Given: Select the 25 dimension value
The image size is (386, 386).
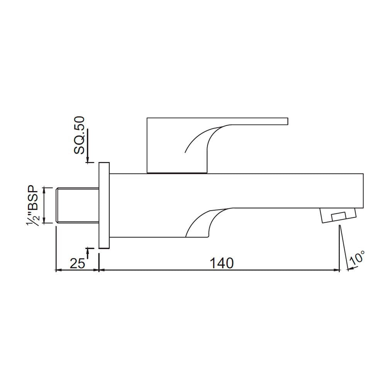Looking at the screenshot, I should tap(77, 263).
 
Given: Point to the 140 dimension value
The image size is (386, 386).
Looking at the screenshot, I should tap(221, 263).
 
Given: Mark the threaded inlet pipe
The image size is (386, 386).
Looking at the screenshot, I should tap(77, 205).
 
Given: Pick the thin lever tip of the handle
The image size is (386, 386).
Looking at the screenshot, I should tap(284, 121).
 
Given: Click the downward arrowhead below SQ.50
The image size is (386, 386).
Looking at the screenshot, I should tap(88, 159).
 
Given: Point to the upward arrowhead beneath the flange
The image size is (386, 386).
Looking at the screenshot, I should tap(88, 251).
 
